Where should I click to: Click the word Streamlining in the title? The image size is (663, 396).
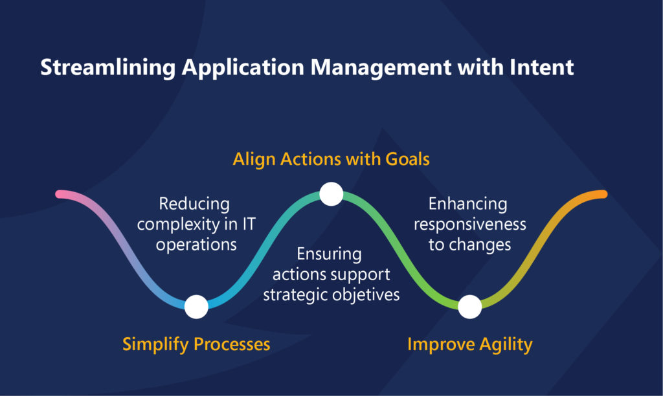pyautogui.click(x=108, y=68)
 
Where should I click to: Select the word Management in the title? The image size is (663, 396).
pyautogui.click(x=381, y=68)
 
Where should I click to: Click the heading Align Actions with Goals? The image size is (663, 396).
pyautogui.click(x=331, y=159)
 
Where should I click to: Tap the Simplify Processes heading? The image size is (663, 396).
pyautogui.click(x=196, y=344)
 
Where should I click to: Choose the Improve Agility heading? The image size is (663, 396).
pyautogui.click(x=470, y=344)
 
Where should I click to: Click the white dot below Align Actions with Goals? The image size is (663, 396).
pyautogui.click(x=331, y=194)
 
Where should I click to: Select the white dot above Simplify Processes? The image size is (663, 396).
pyautogui.click(x=196, y=307)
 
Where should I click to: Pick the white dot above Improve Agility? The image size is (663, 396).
pyautogui.click(x=470, y=307)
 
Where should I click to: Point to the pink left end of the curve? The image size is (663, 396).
pyautogui.click(x=59, y=194)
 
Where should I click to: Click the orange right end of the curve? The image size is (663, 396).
pyautogui.click(x=603, y=194)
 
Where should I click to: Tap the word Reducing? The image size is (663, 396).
pyautogui.click(x=194, y=204)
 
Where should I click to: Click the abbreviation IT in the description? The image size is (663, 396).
pyautogui.click(x=249, y=224)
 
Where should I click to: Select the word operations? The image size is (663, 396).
pyautogui.click(x=196, y=245)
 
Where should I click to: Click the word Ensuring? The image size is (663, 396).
pyautogui.click(x=329, y=254)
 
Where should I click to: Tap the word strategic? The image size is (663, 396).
pyautogui.click(x=295, y=295)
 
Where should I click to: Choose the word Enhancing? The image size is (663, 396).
pyautogui.click(x=467, y=204)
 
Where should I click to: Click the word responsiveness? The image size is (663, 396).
pyautogui.click(x=470, y=225)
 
